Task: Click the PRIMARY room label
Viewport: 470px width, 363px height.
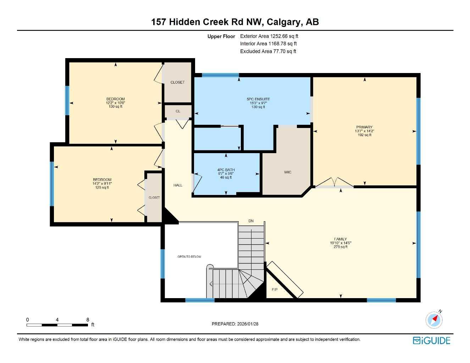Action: pyautogui.click(x=364, y=127)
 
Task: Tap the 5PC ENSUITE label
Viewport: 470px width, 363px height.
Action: pyautogui.click(x=258, y=99)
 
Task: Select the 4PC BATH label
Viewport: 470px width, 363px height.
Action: pyautogui.click(x=226, y=170)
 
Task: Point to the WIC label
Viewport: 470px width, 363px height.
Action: pyautogui.click(x=288, y=172)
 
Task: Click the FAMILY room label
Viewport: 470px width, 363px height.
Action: pyautogui.click(x=340, y=239)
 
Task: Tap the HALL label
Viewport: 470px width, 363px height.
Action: pyautogui.click(x=178, y=185)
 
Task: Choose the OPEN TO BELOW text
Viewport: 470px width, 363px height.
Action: pyautogui.click(x=189, y=257)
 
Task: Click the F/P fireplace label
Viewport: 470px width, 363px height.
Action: pyautogui.click(x=275, y=290)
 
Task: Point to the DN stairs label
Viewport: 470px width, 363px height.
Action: pyautogui.click(x=251, y=221)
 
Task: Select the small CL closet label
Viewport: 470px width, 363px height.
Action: pyautogui.click(x=178, y=111)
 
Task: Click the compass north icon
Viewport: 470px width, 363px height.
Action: pyautogui.click(x=434, y=320)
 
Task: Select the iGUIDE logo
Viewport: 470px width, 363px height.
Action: pyautogui.click(x=432, y=341)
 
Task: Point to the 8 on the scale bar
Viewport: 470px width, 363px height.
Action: pyautogui.click(x=88, y=320)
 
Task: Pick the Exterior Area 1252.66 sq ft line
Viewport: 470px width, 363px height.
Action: pyautogui.click(x=269, y=36)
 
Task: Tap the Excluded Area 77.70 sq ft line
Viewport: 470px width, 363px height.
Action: pyautogui.click(x=268, y=51)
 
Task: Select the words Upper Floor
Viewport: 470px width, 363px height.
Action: pyautogui.click(x=221, y=37)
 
